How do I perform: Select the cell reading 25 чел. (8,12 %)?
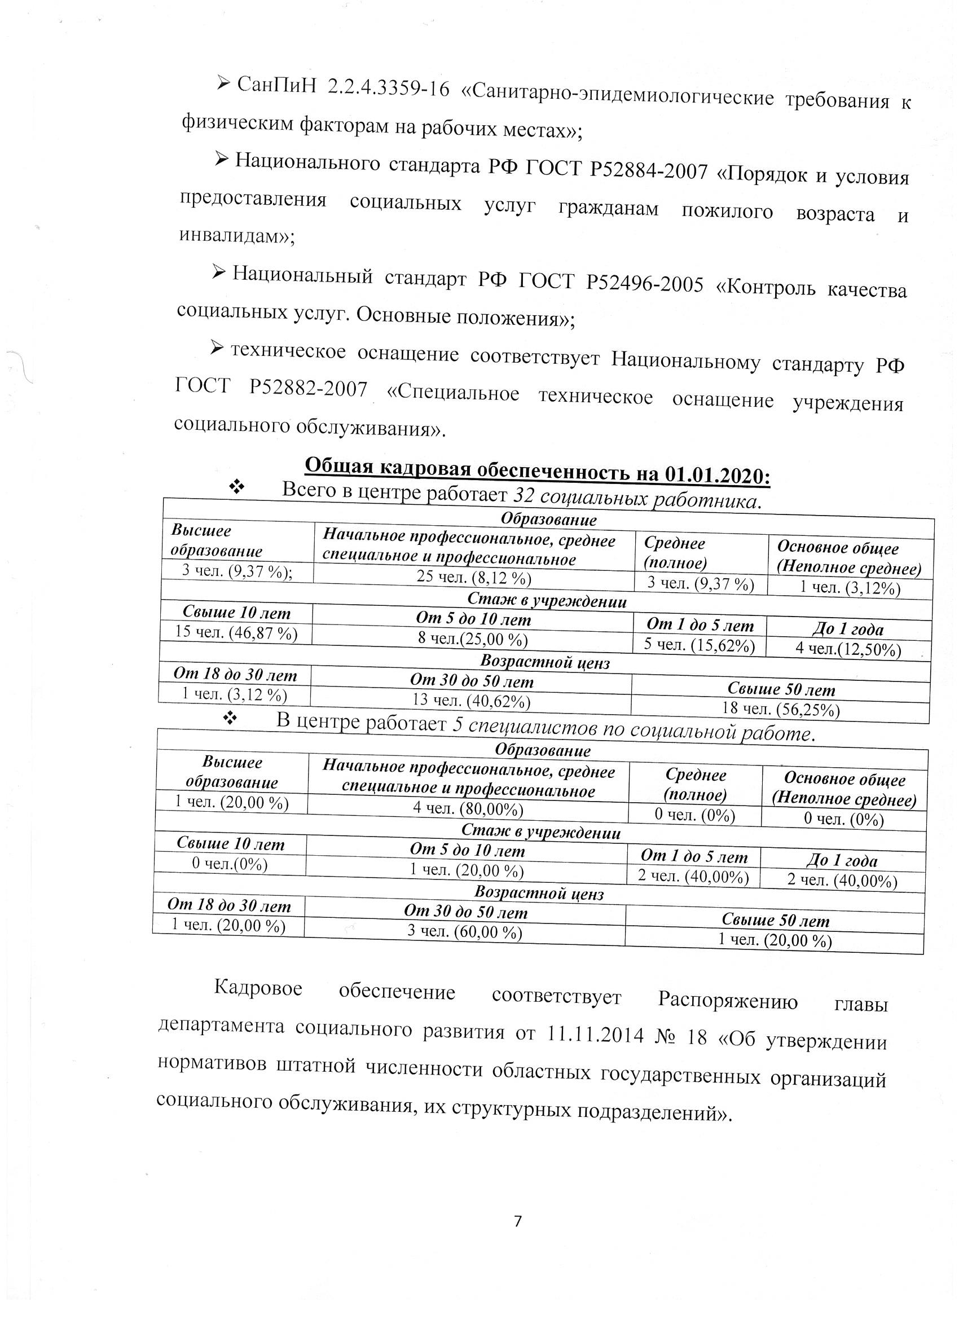474,577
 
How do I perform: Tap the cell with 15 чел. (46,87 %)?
236,632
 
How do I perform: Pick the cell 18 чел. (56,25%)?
780,709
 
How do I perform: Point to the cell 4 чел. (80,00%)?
468,808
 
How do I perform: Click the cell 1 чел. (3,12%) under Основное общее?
850,588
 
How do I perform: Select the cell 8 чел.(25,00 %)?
473,639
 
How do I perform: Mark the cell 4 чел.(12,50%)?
848,649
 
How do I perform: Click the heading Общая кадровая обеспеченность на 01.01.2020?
538,470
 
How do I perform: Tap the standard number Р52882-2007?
309,387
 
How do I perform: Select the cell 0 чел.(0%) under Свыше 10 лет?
230,864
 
